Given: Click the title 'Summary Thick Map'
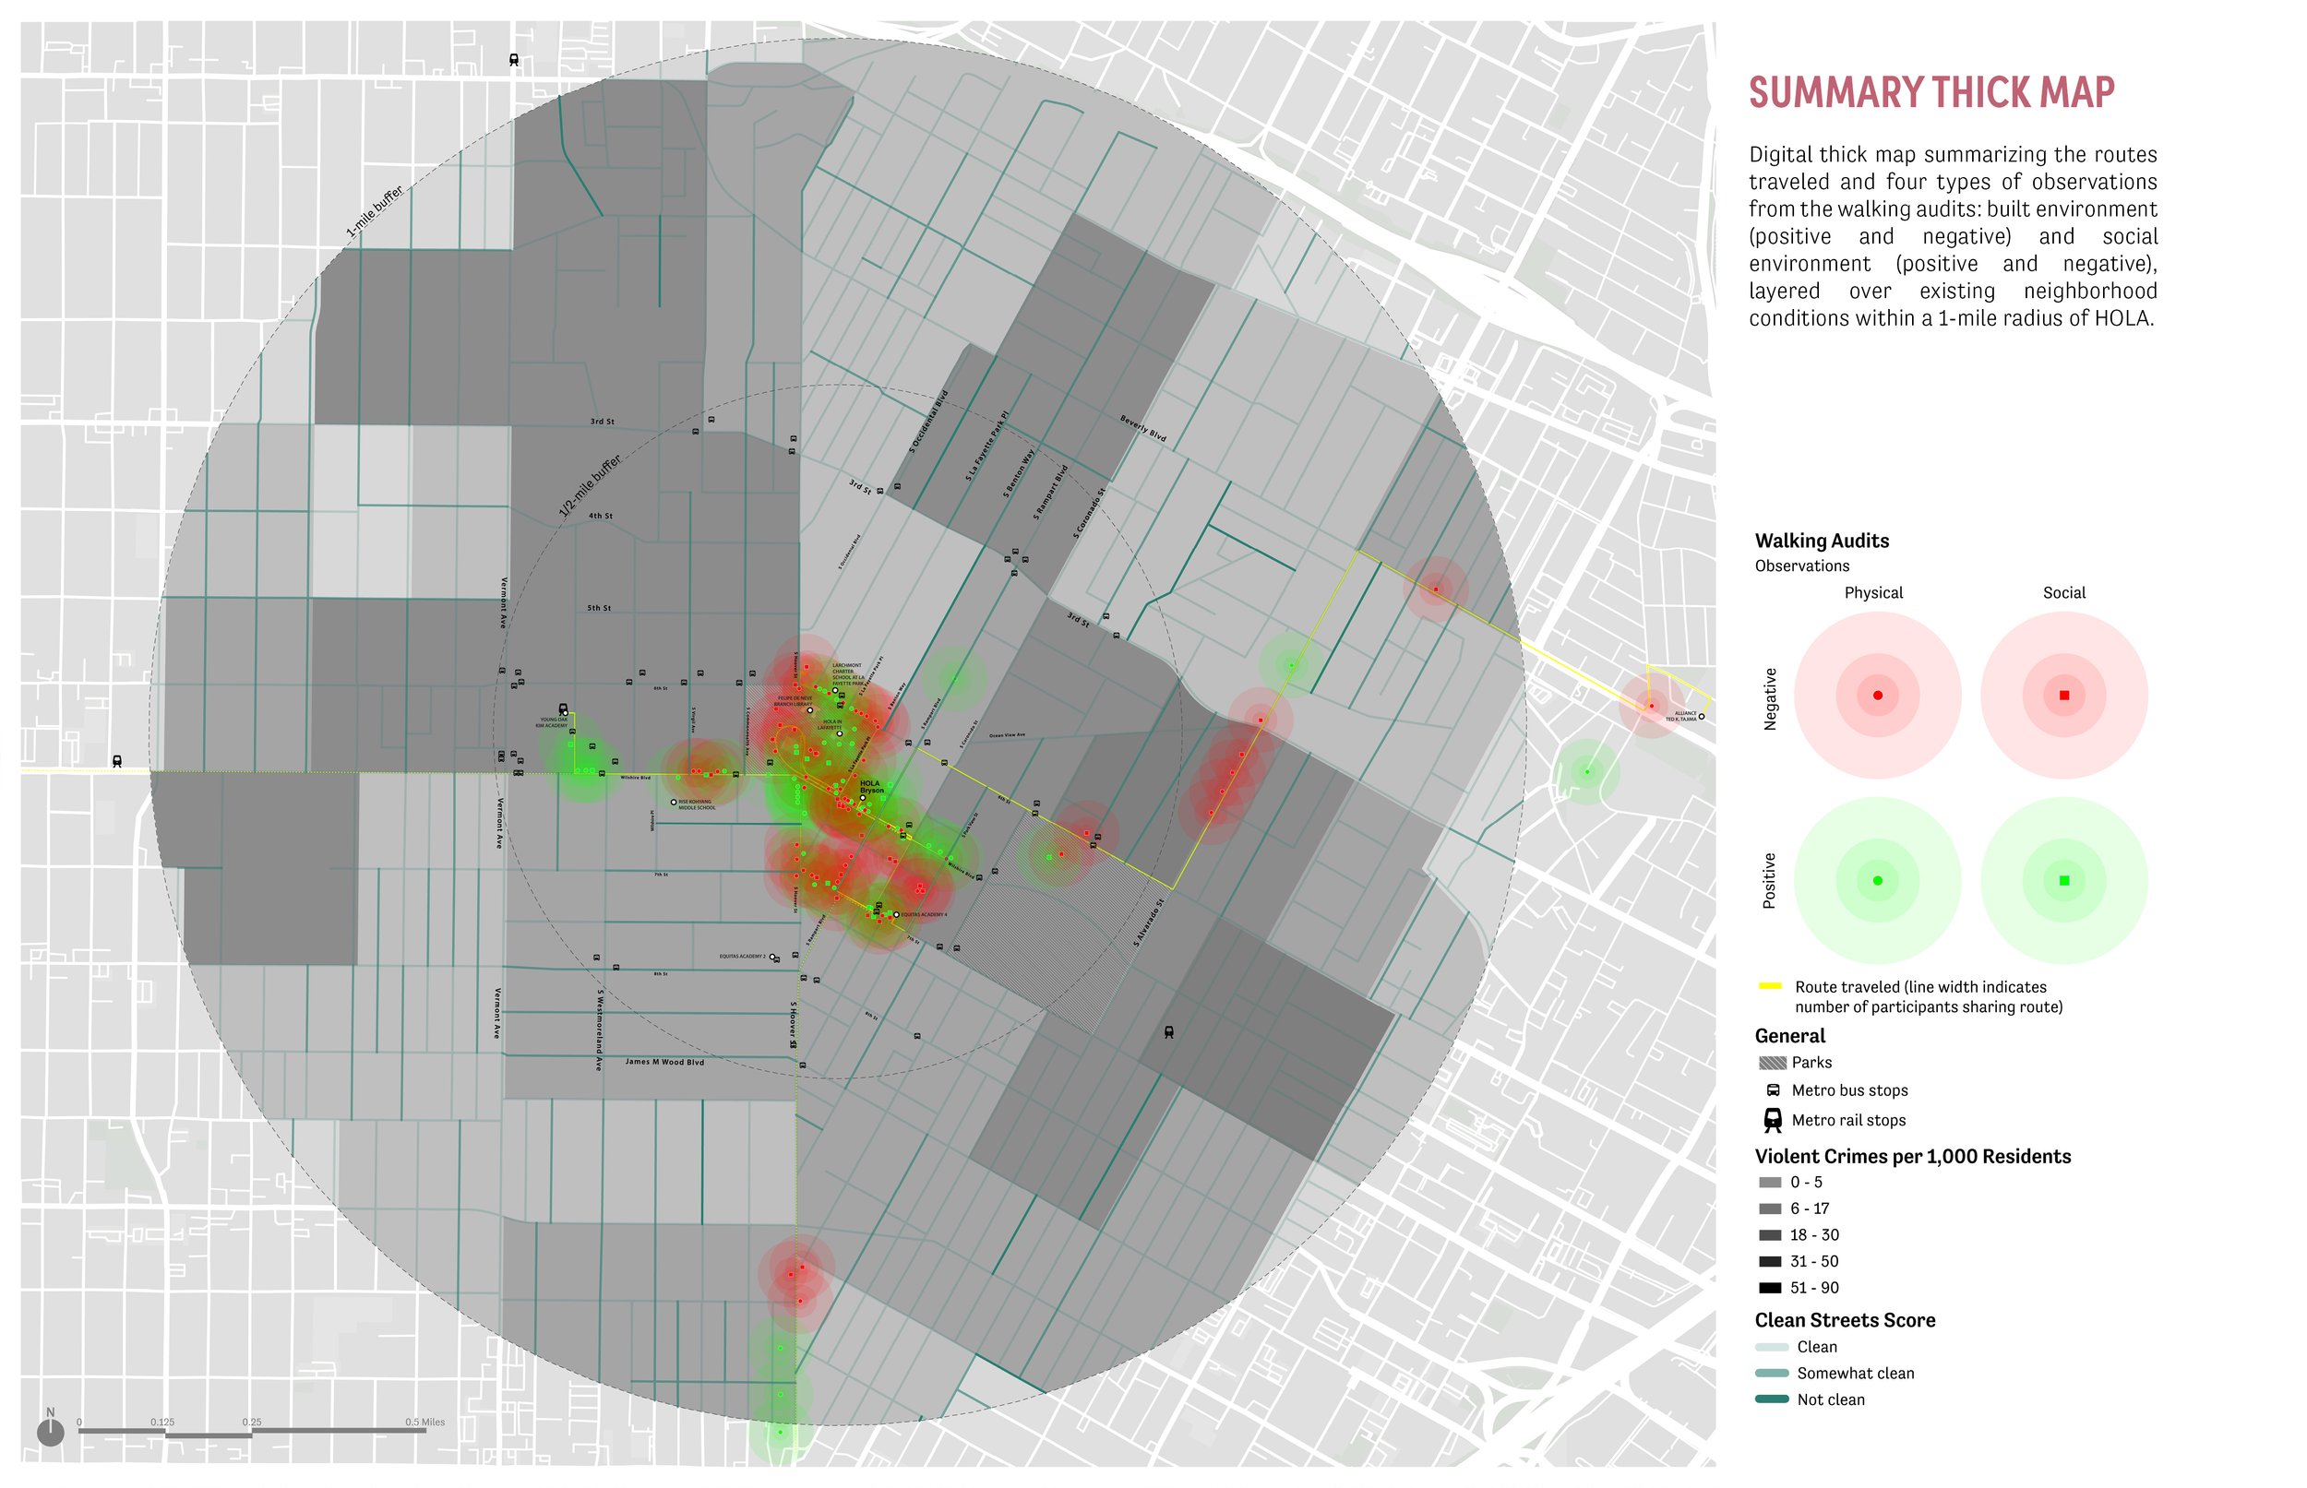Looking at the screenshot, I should point(1930,93).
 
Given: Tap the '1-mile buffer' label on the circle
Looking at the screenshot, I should point(374,211).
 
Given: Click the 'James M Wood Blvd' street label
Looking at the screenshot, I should point(664,1062).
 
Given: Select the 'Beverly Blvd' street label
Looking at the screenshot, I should point(1142,428).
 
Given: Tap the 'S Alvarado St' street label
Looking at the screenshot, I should point(1148,923).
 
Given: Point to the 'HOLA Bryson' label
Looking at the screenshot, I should point(871,787).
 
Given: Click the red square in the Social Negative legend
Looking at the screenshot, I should point(2063,696).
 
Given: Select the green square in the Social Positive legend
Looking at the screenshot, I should point(2063,880).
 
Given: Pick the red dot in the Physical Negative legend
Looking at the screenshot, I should point(1877,696).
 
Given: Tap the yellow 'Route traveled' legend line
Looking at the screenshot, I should point(1770,986).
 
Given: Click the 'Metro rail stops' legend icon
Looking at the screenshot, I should point(1773,1120).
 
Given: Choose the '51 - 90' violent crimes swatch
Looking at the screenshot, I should point(1770,1288).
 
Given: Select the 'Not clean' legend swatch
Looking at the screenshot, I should point(1771,1399).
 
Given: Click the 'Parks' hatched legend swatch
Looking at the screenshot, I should point(1772,1063).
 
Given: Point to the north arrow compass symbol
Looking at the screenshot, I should point(50,1431).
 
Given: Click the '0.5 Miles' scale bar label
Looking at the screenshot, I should point(424,1423).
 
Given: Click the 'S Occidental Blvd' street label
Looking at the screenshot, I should point(927,423).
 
